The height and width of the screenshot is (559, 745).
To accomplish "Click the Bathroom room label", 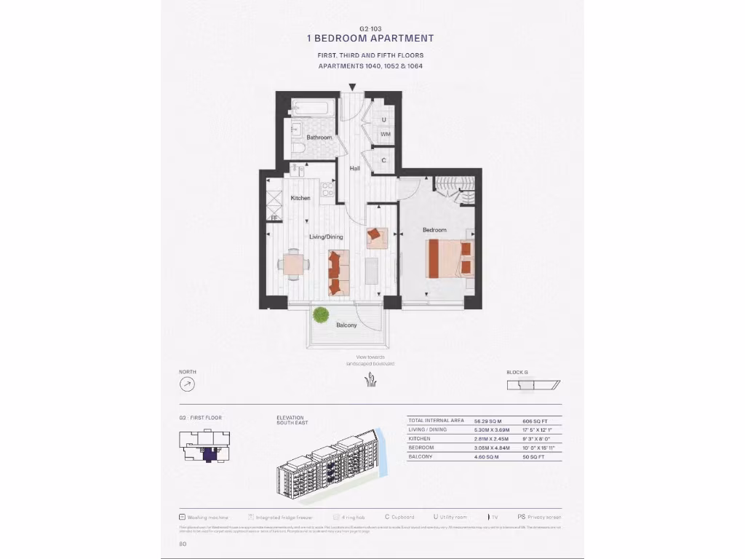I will (319, 138).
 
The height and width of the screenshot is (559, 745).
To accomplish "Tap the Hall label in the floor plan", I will (355, 169).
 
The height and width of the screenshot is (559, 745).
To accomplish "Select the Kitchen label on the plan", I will (300, 198).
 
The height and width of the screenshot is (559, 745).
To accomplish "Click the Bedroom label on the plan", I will (435, 230).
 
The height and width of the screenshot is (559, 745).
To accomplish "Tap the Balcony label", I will (346, 325).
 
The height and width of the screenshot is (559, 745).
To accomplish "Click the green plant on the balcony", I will (320, 314).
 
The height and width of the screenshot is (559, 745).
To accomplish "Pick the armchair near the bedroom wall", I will (375, 234).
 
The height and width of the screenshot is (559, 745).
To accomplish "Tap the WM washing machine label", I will (385, 134).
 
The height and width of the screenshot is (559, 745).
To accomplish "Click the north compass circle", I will (188, 384).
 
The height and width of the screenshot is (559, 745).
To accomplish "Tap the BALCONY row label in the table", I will (422, 456).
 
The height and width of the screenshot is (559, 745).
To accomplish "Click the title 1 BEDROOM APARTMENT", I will (370, 39).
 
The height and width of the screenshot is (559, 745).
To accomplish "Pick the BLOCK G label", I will (517, 373).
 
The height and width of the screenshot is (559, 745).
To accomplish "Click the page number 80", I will (183, 543).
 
